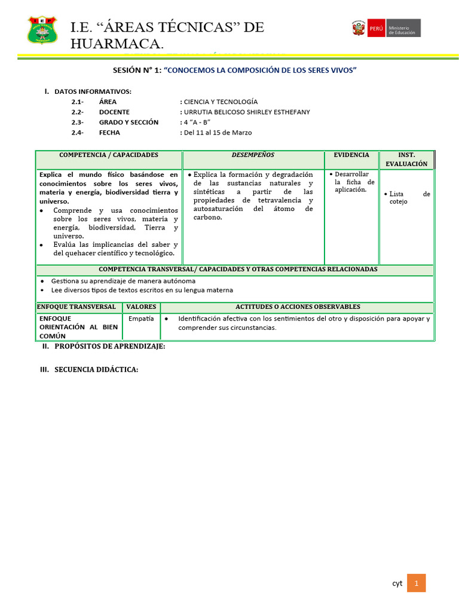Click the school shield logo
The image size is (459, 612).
click(43, 29)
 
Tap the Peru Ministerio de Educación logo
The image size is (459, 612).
click(385, 28)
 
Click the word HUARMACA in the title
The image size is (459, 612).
click(116, 44)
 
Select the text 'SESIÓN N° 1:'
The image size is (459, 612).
click(137, 71)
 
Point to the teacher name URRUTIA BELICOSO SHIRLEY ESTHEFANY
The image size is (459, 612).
click(247, 112)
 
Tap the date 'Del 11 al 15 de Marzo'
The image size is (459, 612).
click(218, 133)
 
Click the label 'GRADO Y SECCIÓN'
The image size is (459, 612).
click(128, 122)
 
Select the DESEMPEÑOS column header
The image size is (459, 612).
click(253, 155)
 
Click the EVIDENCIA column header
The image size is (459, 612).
click(351, 155)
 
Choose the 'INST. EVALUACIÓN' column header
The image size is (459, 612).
click(406, 159)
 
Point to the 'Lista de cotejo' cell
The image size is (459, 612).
click(409, 198)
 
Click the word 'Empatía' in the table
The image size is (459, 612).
click(141, 319)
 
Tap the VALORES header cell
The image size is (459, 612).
click(141, 307)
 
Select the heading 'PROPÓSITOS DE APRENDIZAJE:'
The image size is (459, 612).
click(109, 347)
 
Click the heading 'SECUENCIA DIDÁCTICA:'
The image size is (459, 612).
click(96, 370)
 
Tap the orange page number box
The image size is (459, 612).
click(416, 583)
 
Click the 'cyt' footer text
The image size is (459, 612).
click(397, 584)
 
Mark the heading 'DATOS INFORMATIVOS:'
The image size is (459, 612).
click(93, 91)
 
